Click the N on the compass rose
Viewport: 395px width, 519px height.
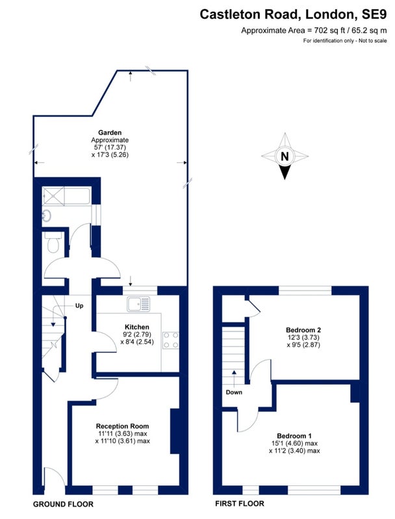point(285,156)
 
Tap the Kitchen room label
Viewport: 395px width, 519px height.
point(137,327)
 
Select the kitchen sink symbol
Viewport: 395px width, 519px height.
point(138,304)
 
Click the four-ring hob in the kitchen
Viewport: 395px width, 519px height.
point(171,340)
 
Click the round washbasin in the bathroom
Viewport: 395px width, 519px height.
point(46,216)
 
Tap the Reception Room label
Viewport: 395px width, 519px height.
point(122,426)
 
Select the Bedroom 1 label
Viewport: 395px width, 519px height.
point(294,436)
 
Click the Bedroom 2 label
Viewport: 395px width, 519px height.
point(303,330)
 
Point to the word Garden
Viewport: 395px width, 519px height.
point(110,133)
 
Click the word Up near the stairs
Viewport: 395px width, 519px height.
point(79,306)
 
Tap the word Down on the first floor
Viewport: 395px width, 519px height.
point(234,392)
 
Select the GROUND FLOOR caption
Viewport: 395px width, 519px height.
point(63,504)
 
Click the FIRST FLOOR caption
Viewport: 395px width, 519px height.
point(240,504)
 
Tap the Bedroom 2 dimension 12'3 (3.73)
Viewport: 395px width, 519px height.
point(303,337)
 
